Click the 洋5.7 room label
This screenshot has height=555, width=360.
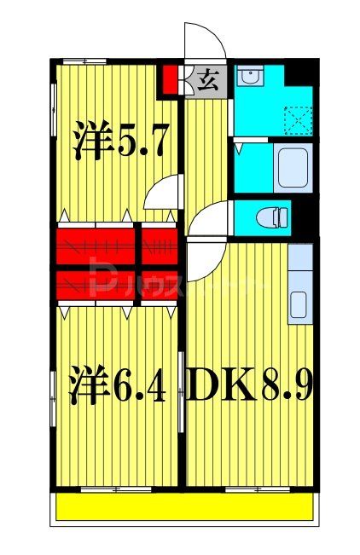[x=113, y=142]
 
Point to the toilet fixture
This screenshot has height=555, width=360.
[x=278, y=216]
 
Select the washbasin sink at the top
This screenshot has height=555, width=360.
[x=249, y=78]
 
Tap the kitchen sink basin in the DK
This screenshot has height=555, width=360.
[x=299, y=303]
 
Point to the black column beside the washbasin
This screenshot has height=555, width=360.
[x=299, y=72]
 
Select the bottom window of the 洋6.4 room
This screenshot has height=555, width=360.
[x=112, y=489]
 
